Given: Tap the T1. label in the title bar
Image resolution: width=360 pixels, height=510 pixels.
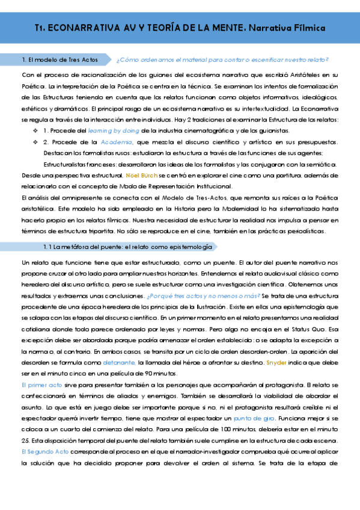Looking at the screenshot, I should (40, 28).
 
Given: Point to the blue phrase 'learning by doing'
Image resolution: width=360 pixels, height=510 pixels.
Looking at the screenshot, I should (112, 130).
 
